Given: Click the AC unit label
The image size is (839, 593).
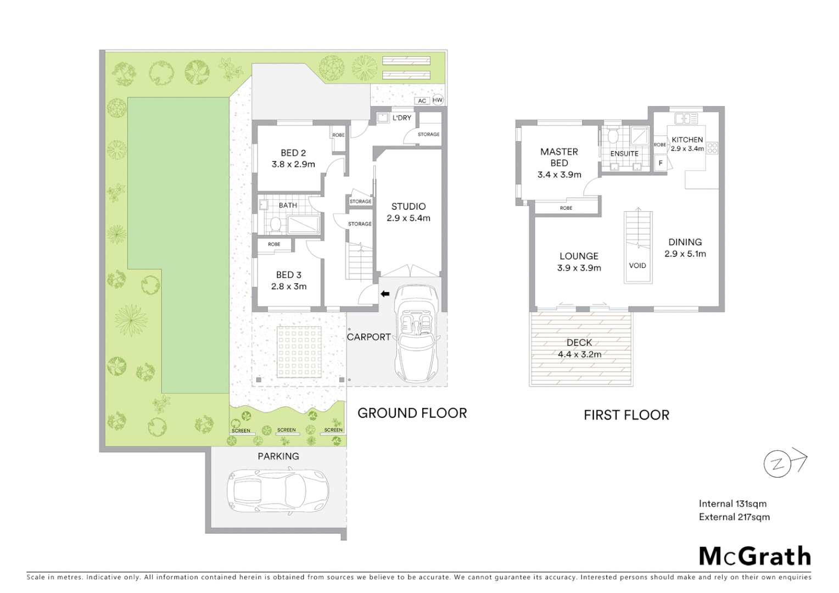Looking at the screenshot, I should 422,100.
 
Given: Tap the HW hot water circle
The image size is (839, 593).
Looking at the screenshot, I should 438,100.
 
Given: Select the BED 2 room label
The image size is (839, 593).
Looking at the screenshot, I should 293,153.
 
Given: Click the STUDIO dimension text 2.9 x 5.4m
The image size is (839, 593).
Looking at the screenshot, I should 408,218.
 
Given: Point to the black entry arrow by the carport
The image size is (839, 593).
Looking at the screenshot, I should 385,294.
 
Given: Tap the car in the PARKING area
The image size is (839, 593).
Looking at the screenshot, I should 278,491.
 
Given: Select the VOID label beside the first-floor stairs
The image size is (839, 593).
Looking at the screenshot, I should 637,266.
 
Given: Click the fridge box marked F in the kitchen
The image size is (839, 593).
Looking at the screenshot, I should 661,163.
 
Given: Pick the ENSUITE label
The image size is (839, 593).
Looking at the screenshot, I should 624,154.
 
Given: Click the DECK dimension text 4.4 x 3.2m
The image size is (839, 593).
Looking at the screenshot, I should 579,355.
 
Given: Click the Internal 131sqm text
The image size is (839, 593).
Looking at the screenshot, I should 732,504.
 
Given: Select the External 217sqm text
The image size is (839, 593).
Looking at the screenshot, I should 734,517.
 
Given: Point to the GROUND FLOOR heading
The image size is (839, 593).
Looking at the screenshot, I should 412,413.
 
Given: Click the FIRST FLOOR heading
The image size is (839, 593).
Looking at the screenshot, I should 626,415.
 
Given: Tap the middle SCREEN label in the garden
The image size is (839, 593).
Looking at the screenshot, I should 286,430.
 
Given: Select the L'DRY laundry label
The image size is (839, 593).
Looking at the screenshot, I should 401,118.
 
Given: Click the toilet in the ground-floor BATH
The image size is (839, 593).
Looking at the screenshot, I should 276,224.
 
